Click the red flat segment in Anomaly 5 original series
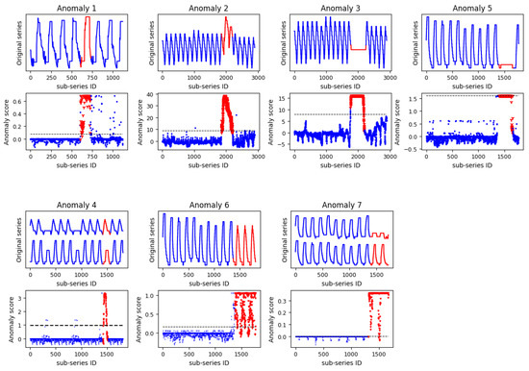pyautogui.click(x=501, y=65)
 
